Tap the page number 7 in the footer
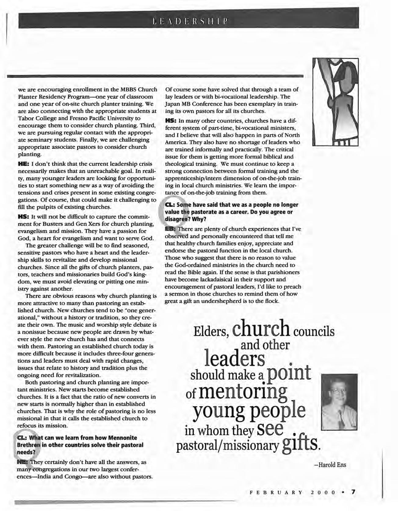tap(353, 492)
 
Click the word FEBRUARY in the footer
tap(276, 492)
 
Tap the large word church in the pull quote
tap(261, 330)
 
